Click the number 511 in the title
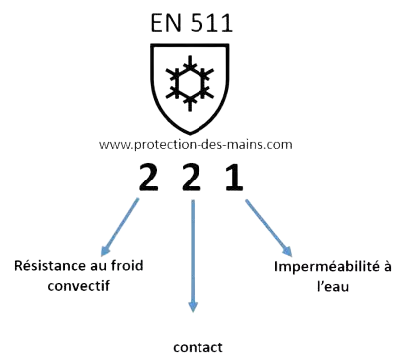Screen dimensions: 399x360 click(211, 23)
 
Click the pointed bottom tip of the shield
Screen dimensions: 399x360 click(190, 134)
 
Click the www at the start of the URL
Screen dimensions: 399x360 click(114, 146)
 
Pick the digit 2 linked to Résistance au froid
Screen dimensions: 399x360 click(148, 178)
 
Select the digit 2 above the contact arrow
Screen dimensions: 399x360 click(192, 178)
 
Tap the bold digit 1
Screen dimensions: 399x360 click(234, 178)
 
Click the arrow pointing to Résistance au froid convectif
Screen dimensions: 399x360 click(119, 227)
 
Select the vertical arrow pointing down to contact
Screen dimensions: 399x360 click(193, 256)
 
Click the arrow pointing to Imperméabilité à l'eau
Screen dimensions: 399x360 click(269, 228)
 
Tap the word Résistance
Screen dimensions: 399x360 click(47, 266)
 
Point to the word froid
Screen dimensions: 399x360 click(127, 265)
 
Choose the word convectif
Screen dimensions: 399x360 click(78, 286)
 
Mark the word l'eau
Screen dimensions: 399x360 click(333, 286)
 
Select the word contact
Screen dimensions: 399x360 click(198, 348)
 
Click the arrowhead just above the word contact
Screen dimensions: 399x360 click(193, 307)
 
